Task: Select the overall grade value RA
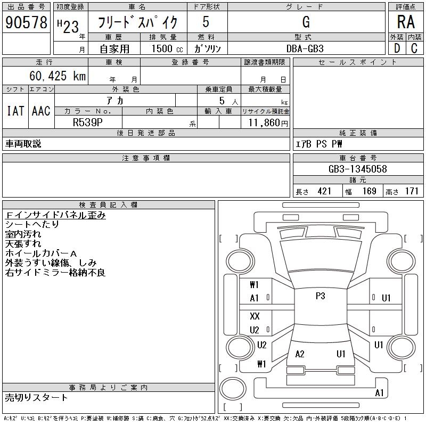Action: coord(406,22)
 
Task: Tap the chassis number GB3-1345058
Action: coord(357,169)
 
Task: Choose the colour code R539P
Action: coord(88,122)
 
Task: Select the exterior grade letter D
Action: coord(397,48)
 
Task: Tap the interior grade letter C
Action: coord(414,48)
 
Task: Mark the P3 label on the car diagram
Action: coord(320,297)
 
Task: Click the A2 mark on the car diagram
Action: coord(300,354)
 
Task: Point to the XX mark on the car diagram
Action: coord(255,316)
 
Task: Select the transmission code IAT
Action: coord(15,111)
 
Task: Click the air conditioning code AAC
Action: coord(41,111)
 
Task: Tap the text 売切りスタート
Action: coord(37,397)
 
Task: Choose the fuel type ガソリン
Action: coord(208,48)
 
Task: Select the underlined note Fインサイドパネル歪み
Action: coord(55,215)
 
